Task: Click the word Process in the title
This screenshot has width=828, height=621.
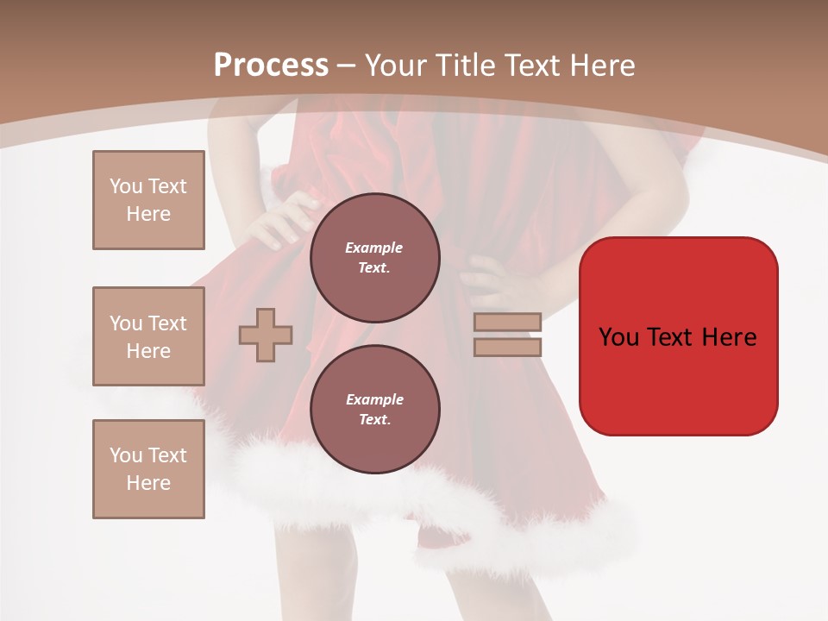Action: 271,66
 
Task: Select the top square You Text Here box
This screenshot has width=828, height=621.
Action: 148,200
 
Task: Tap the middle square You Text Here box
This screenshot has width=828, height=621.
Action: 148,336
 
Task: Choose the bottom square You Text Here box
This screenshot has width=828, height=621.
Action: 148,469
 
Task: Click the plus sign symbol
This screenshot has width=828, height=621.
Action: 266,335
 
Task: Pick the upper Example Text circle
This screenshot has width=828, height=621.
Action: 374,258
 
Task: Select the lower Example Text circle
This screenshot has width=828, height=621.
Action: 374,410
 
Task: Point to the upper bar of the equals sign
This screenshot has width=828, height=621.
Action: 508,322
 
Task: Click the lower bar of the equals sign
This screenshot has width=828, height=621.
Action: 508,347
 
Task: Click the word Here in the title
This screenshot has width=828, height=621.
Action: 601,66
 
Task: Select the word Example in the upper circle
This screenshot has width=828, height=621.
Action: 374,248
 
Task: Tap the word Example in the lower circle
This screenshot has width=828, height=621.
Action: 374,399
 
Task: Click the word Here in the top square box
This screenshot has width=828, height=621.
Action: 148,214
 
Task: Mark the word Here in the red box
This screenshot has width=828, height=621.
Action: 730,337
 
